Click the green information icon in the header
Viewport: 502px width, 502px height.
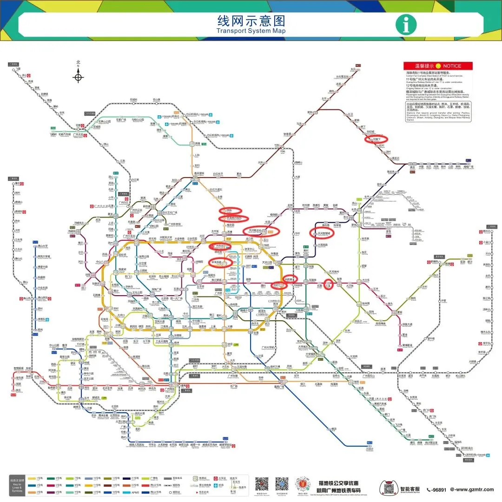coord(406,25)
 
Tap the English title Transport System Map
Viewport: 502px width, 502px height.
coord(251,31)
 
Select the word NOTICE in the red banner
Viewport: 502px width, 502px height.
coord(452,66)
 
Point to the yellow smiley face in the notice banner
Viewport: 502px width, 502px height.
coord(438,66)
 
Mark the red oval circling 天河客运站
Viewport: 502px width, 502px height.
coord(256,230)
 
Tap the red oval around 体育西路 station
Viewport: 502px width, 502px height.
coord(220,263)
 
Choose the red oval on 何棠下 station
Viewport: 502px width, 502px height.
coord(376,139)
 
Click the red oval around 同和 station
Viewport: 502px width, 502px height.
coord(229,211)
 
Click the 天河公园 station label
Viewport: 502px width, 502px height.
coord(266,262)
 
